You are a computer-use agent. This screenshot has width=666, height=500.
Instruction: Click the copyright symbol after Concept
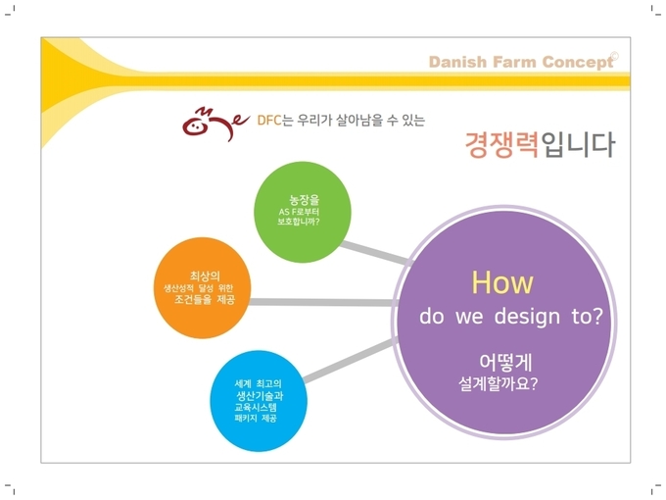pos(614,56)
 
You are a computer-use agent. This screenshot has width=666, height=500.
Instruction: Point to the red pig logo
pos(214,124)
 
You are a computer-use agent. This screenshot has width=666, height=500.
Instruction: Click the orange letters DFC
pos(269,121)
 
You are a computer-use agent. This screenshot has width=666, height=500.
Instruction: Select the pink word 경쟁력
pos(502,144)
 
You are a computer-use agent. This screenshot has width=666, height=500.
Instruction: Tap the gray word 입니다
pos(578,144)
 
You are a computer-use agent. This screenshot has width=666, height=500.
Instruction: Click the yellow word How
pos(502,282)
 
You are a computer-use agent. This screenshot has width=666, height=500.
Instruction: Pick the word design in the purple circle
pos(527,318)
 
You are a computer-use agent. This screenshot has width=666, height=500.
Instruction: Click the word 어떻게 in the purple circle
pos(505,362)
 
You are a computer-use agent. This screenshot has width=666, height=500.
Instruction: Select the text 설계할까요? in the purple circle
pos(498,383)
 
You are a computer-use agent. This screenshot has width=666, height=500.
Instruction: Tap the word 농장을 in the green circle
pos(305,200)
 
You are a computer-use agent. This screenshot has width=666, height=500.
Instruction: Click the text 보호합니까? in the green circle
pos(299,222)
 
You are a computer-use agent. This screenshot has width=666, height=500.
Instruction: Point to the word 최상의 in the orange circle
pos(205,276)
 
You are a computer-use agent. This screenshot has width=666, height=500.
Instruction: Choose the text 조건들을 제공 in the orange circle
pos(205,300)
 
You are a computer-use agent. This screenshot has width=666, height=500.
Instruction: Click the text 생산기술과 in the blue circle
pos(260,396)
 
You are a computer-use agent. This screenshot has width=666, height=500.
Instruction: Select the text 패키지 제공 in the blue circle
pos(256,419)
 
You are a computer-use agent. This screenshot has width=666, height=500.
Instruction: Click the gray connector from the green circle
pos(375,253)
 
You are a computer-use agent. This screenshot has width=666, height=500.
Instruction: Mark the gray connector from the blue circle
pos(350,360)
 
